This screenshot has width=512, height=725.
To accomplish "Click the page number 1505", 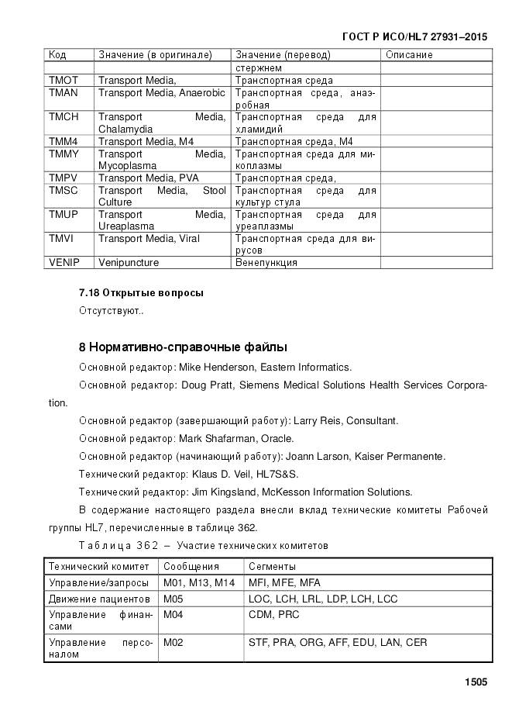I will point(476,682).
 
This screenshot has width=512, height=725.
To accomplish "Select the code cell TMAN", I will point(64,93).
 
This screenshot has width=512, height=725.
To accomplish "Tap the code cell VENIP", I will point(65,263).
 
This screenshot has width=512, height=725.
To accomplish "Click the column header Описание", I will point(409,55).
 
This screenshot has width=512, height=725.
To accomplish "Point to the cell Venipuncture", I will point(129,263).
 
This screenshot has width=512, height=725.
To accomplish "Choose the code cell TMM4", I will point(64,142).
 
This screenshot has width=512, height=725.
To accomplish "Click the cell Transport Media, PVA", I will point(149,178).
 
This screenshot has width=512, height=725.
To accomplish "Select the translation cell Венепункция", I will point(266,263).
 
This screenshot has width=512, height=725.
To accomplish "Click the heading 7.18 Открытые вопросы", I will point(141,293).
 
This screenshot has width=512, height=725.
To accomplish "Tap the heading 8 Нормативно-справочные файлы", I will point(183,347).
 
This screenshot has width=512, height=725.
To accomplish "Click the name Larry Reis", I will point(319,421).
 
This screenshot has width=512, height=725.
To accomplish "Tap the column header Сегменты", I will point(272,567).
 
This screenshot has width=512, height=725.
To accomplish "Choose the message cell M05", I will point(174,599).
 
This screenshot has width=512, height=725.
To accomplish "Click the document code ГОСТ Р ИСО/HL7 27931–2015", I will point(414,36).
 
